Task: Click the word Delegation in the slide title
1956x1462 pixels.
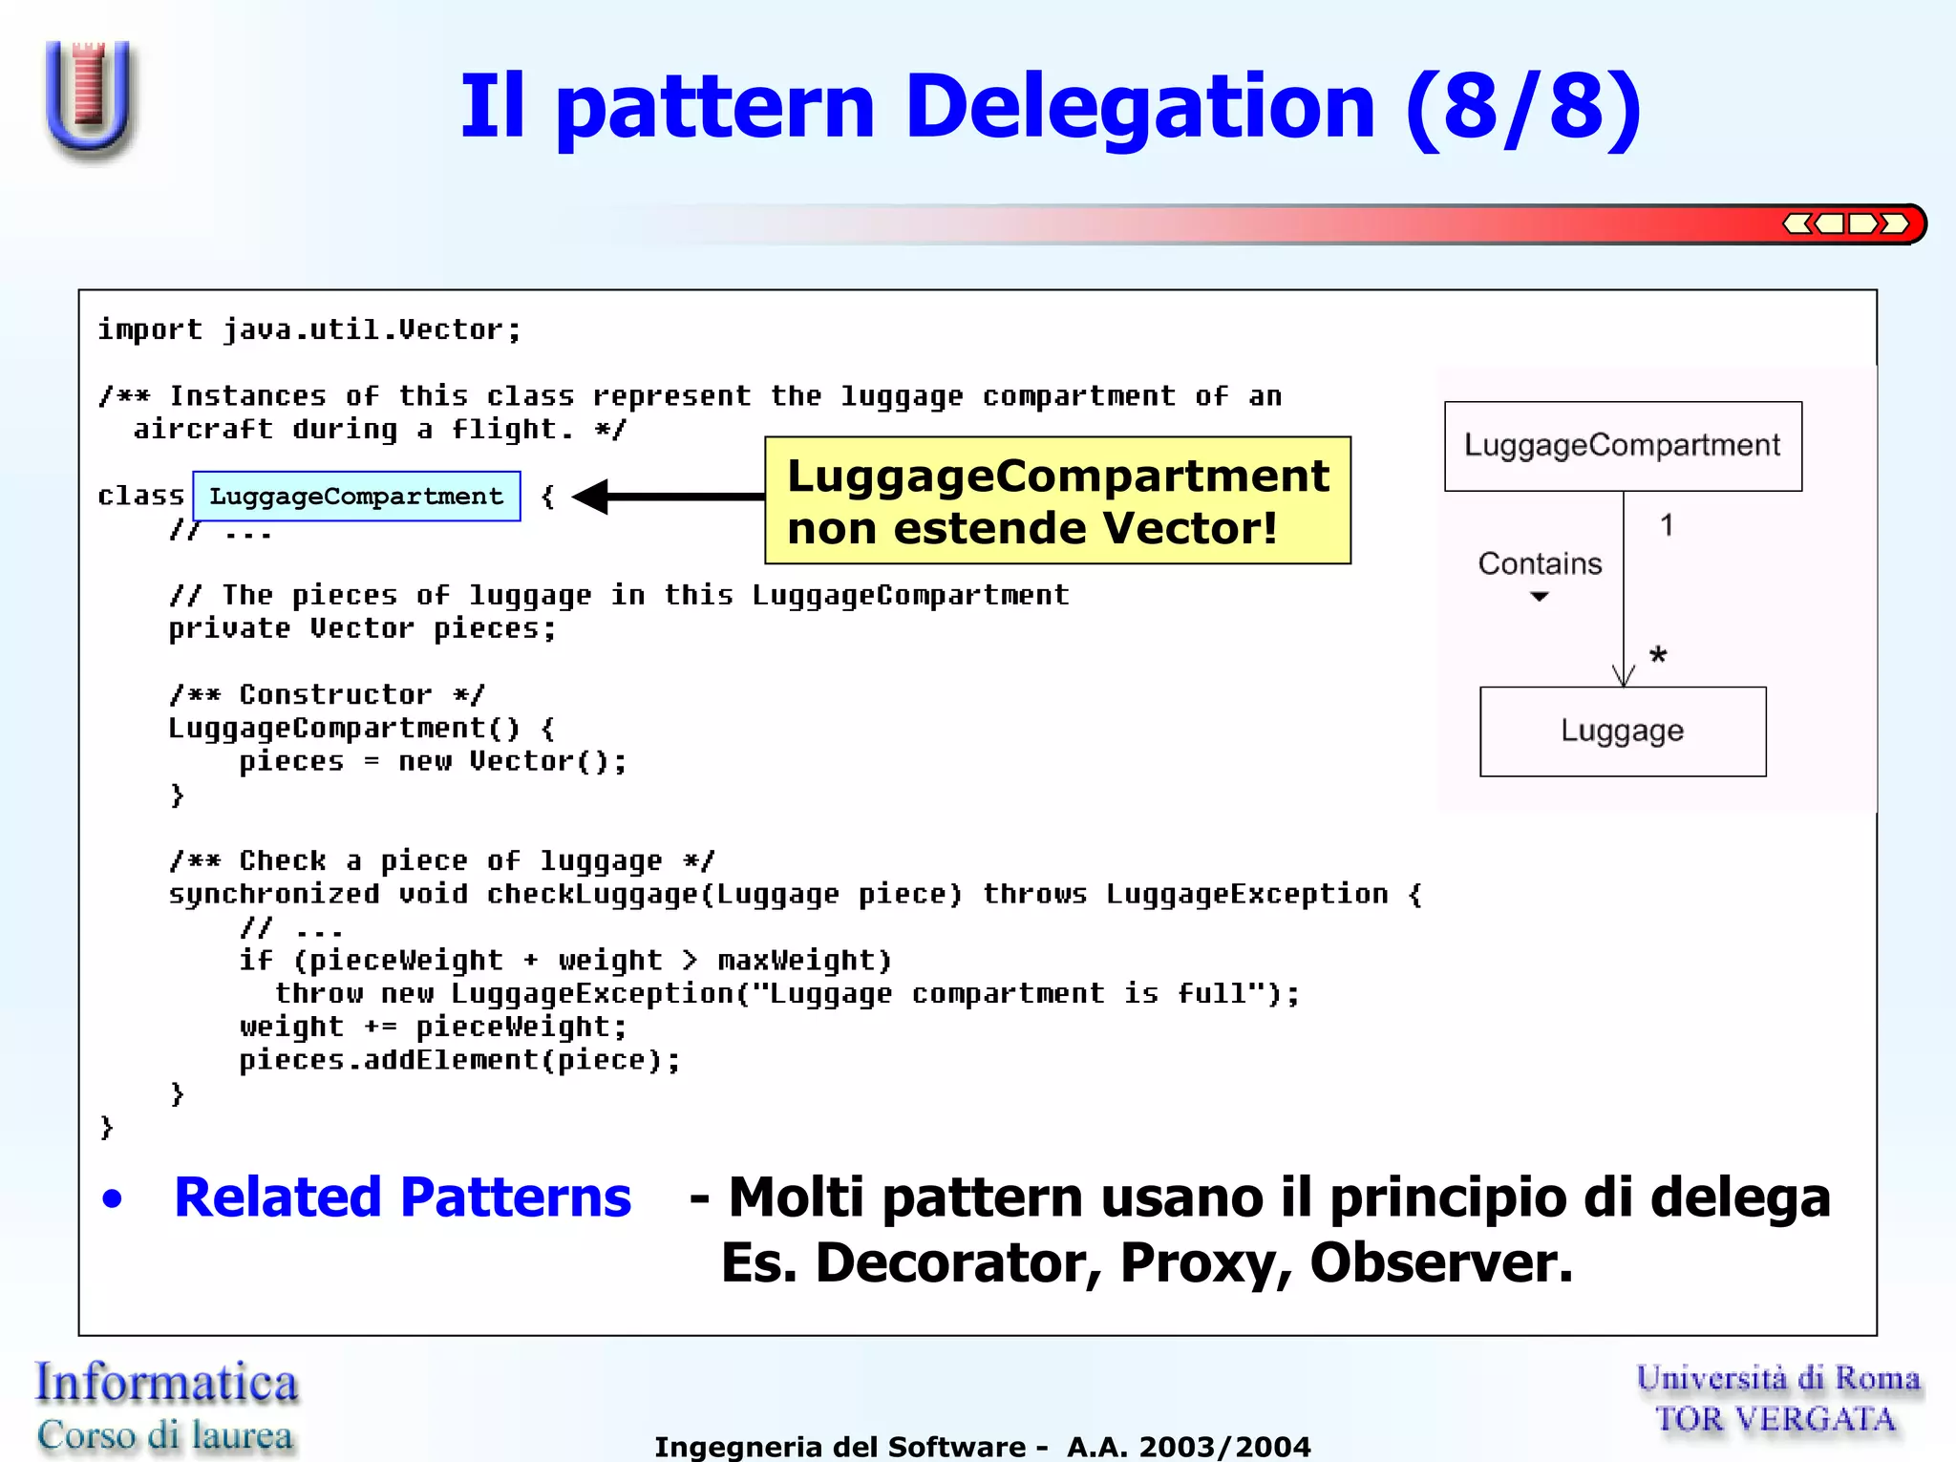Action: (x=1138, y=107)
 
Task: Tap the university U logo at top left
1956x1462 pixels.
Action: (x=89, y=97)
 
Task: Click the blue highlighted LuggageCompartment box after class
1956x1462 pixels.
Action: (x=356, y=497)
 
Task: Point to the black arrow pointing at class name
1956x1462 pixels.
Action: (x=669, y=497)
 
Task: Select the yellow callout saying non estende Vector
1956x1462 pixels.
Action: (x=1057, y=501)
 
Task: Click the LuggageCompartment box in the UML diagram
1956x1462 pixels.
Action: (x=1622, y=446)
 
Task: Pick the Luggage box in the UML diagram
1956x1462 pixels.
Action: (x=1622, y=731)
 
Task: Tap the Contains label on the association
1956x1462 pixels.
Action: (x=1540, y=564)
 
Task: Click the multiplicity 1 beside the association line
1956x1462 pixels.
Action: (x=1667, y=525)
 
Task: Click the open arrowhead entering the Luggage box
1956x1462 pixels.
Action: (x=1623, y=676)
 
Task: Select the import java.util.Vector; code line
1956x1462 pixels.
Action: (x=309, y=330)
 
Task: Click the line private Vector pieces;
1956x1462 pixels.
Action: (x=362, y=629)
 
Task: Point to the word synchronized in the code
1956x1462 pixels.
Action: (x=273, y=895)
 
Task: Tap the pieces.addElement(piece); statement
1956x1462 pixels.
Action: (x=459, y=1061)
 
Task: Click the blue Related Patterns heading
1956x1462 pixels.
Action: (x=402, y=1197)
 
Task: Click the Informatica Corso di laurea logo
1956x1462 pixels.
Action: (x=166, y=1408)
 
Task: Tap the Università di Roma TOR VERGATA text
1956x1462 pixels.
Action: (x=1777, y=1399)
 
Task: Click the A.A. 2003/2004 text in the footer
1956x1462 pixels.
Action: (x=1188, y=1447)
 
